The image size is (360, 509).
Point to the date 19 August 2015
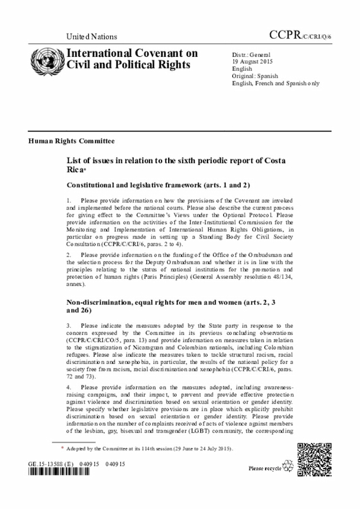click(x=253, y=61)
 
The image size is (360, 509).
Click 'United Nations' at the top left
click(x=92, y=37)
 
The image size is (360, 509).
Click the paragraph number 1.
click(x=69, y=201)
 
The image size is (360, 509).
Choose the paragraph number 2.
click(x=69, y=255)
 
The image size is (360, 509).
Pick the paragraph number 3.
click(x=69, y=326)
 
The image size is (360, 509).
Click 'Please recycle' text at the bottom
click(x=264, y=468)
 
